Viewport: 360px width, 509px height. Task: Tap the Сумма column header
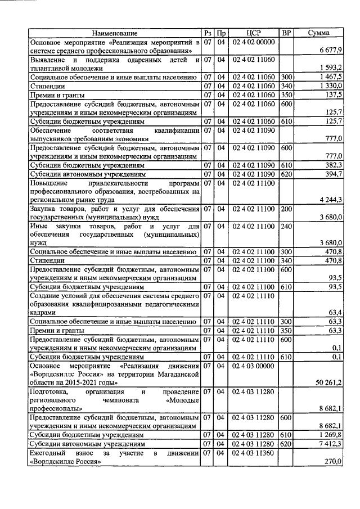pyautogui.click(x=319, y=33)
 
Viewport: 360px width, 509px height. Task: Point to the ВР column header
pyautogui.click(x=286, y=33)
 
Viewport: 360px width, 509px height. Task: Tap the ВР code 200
pyautogui.click(x=286, y=209)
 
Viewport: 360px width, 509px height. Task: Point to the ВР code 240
pyautogui.click(x=286, y=226)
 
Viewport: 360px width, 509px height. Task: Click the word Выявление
pyautogui.click(x=49, y=60)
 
